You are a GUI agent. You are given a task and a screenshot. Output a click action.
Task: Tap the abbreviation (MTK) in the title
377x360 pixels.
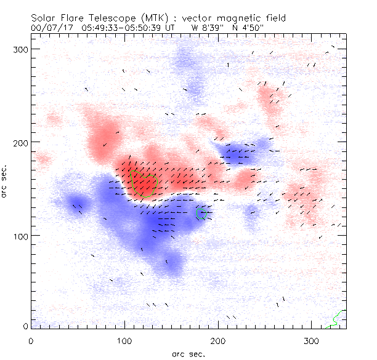tap(151, 17)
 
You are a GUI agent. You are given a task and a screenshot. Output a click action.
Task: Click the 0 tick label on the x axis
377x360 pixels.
tap(31, 340)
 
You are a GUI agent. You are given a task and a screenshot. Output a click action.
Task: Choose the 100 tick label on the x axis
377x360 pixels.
tap(124, 340)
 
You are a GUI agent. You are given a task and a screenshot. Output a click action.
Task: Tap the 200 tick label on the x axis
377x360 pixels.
tap(218, 340)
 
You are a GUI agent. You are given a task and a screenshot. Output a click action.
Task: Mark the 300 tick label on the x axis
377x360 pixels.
tap(312, 340)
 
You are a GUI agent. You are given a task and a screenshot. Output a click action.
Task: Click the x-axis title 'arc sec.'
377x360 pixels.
tap(188, 353)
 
